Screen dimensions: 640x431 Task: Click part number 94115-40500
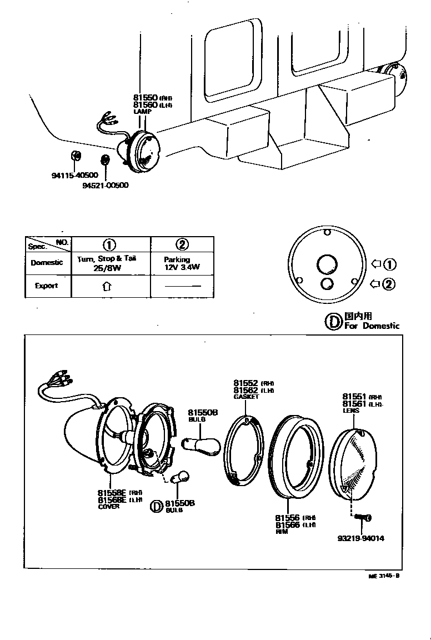pyautogui.click(x=75, y=176)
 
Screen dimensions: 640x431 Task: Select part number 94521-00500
pyautogui.click(x=105, y=185)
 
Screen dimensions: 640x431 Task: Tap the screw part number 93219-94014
pyautogui.click(x=360, y=538)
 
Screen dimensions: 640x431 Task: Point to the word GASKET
pyautogui.click(x=246, y=397)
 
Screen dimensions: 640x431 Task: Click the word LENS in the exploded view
pyautogui.click(x=350, y=411)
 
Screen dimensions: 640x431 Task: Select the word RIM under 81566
pyautogui.click(x=282, y=532)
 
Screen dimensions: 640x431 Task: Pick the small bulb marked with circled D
pyautogui.click(x=180, y=477)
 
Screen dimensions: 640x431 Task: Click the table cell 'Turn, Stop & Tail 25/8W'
pyautogui.click(x=111, y=263)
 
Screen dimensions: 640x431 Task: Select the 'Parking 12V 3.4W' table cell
pyautogui.click(x=182, y=263)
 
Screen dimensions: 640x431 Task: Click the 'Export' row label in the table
pyautogui.click(x=47, y=286)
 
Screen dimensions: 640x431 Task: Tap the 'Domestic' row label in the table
pyautogui.click(x=47, y=262)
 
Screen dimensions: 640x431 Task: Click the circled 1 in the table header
pyautogui.click(x=110, y=244)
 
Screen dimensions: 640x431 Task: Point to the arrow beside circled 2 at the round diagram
pyautogui.click(x=375, y=284)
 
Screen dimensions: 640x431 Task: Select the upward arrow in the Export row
pyautogui.click(x=107, y=287)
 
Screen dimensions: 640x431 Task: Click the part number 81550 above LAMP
pyautogui.click(x=146, y=97)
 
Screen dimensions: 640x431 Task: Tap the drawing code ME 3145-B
pyautogui.click(x=384, y=576)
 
